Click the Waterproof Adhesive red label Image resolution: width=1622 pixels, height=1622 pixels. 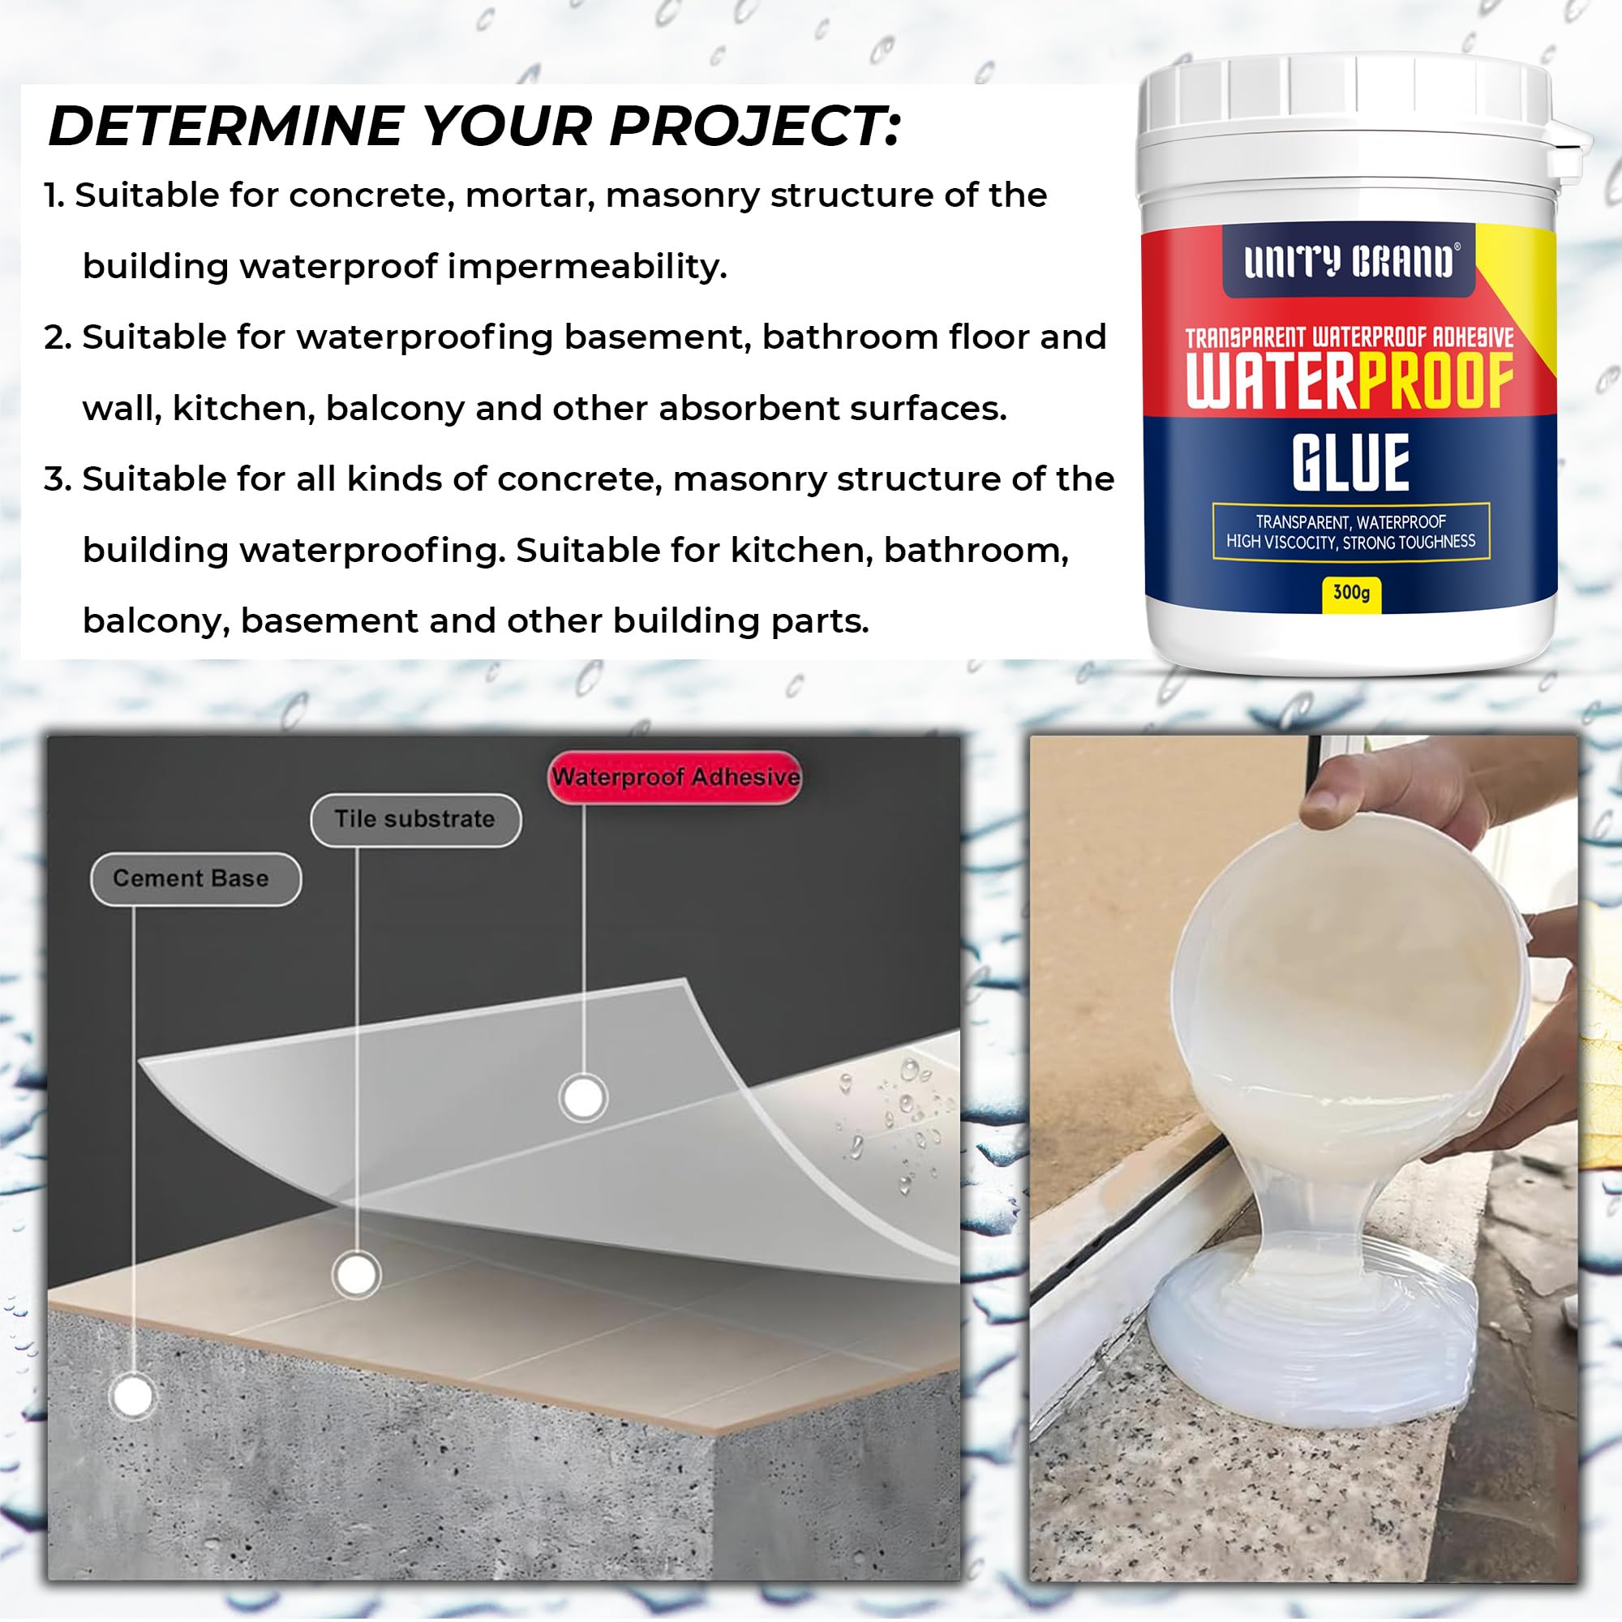(x=675, y=777)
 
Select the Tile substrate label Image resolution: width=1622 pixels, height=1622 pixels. (x=414, y=818)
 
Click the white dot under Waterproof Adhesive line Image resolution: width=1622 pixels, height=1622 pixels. (x=582, y=1096)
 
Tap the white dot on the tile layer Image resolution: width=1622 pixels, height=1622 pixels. (x=356, y=1274)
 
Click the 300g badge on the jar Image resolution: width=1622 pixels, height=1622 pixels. (x=1351, y=593)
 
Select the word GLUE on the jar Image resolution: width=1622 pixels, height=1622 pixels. (x=1350, y=462)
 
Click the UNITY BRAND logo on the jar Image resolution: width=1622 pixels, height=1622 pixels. (x=1349, y=261)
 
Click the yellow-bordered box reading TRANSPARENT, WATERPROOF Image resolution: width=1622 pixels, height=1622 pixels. (x=1350, y=531)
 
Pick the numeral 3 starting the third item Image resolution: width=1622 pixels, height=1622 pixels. (x=56, y=479)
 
